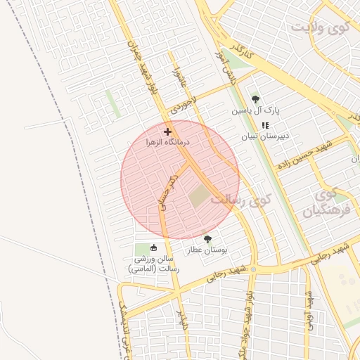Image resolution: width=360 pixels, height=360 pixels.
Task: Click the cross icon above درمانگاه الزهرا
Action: pos(167,131)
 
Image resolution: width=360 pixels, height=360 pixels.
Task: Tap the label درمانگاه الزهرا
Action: pos(168,142)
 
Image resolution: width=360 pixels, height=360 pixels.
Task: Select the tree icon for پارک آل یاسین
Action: pos(255,100)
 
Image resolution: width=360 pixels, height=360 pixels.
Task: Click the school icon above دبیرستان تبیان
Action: pos(265,125)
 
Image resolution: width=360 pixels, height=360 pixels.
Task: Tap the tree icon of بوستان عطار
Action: pos(207,240)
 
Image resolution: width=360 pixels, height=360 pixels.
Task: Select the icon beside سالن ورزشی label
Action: pos(153,247)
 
